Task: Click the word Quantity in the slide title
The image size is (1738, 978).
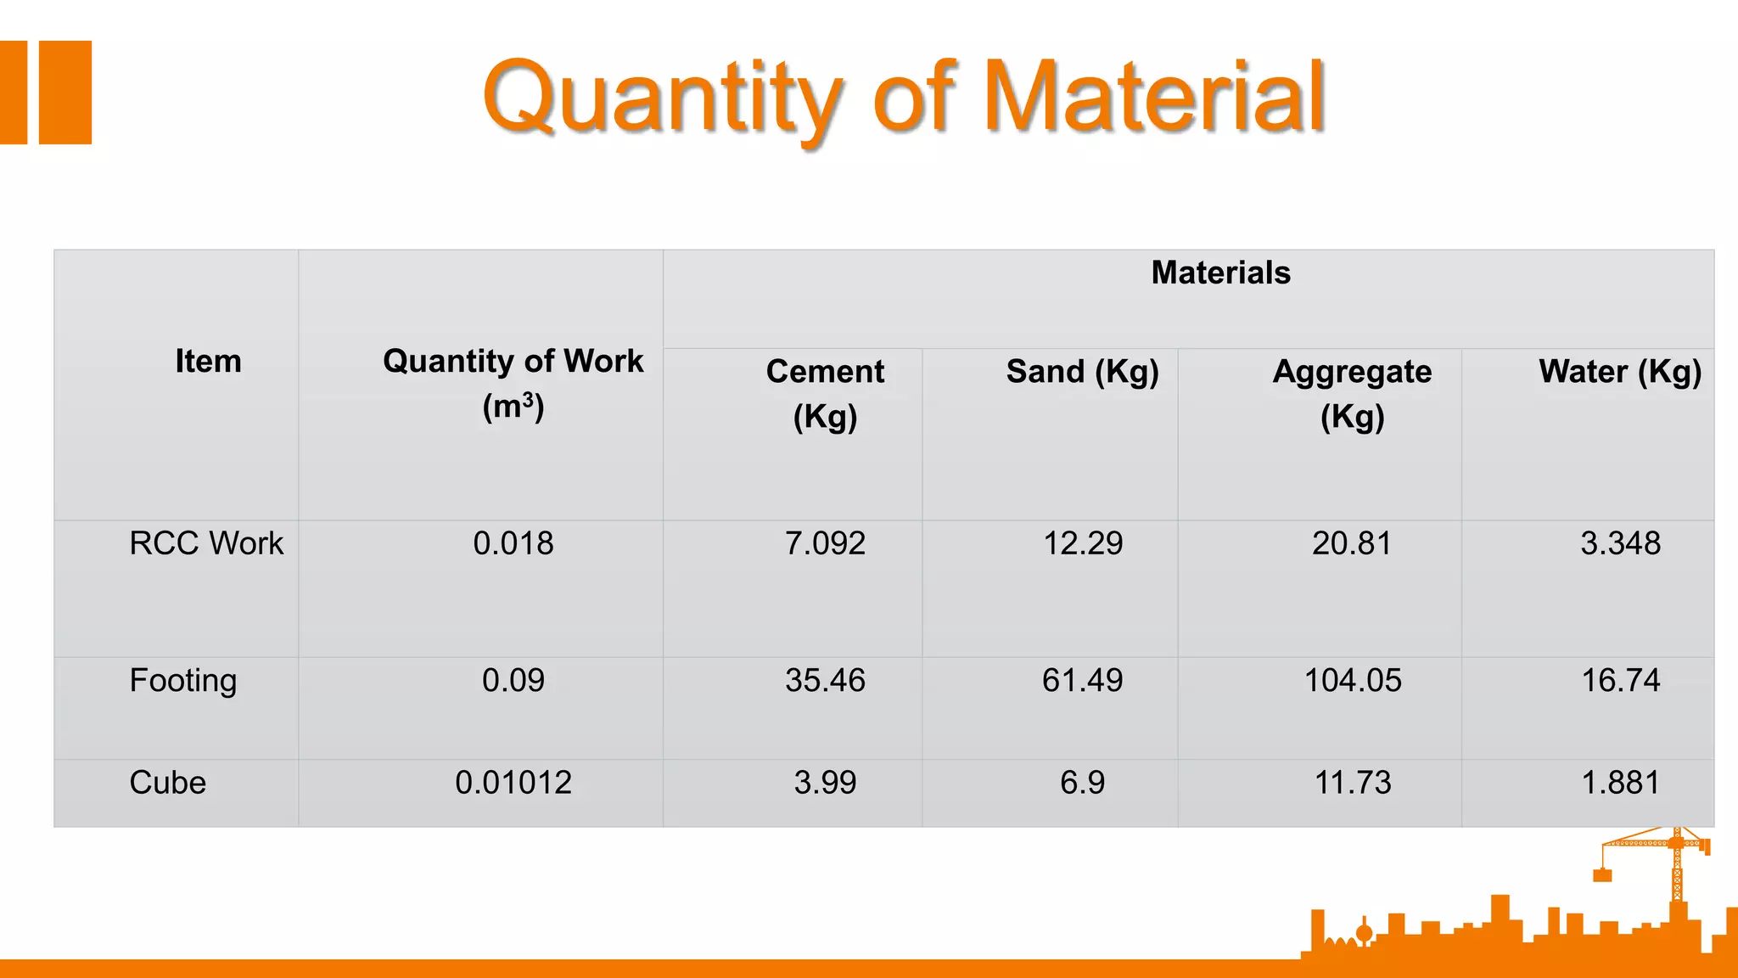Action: click(662, 98)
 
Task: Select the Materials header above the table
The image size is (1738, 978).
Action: click(1220, 273)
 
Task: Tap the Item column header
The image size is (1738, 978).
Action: click(208, 362)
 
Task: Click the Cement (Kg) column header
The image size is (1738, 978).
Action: click(825, 393)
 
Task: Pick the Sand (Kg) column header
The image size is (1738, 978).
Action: click(1082, 372)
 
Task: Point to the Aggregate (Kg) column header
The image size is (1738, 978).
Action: click(1352, 393)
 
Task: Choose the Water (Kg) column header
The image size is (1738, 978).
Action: click(1619, 372)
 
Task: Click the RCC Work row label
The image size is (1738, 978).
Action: click(206, 543)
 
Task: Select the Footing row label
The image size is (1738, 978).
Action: click(182, 681)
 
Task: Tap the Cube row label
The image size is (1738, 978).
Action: click(167, 783)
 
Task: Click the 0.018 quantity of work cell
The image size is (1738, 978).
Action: click(513, 543)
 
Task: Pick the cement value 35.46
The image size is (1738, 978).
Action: click(825, 681)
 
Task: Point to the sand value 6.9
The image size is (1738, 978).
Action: click(1082, 783)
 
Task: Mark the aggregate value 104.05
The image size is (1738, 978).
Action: click(1352, 681)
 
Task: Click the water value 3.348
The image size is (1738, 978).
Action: click(1619, 543)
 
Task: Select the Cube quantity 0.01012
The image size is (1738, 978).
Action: click(513, 783)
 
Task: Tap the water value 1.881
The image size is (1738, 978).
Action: click(1619, 783)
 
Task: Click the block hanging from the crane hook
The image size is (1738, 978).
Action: click(1602, 875)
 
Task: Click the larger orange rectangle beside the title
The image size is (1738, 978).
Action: click(65, 93)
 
